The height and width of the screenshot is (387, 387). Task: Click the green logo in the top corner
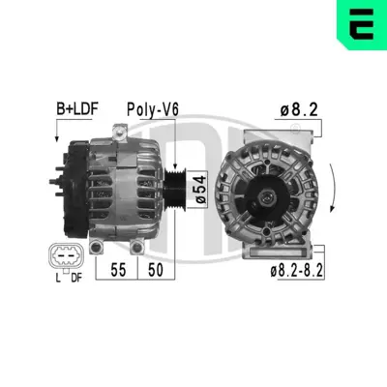362,23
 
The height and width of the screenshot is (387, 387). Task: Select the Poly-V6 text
154,108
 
